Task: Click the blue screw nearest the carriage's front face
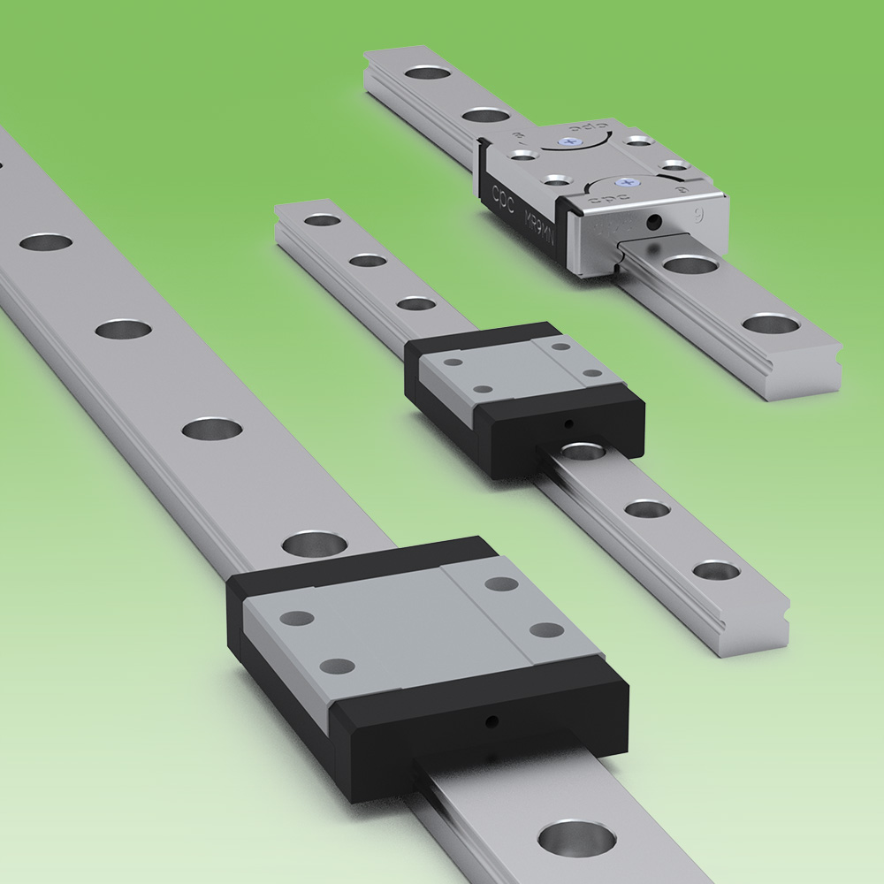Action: tap(629, 180)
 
